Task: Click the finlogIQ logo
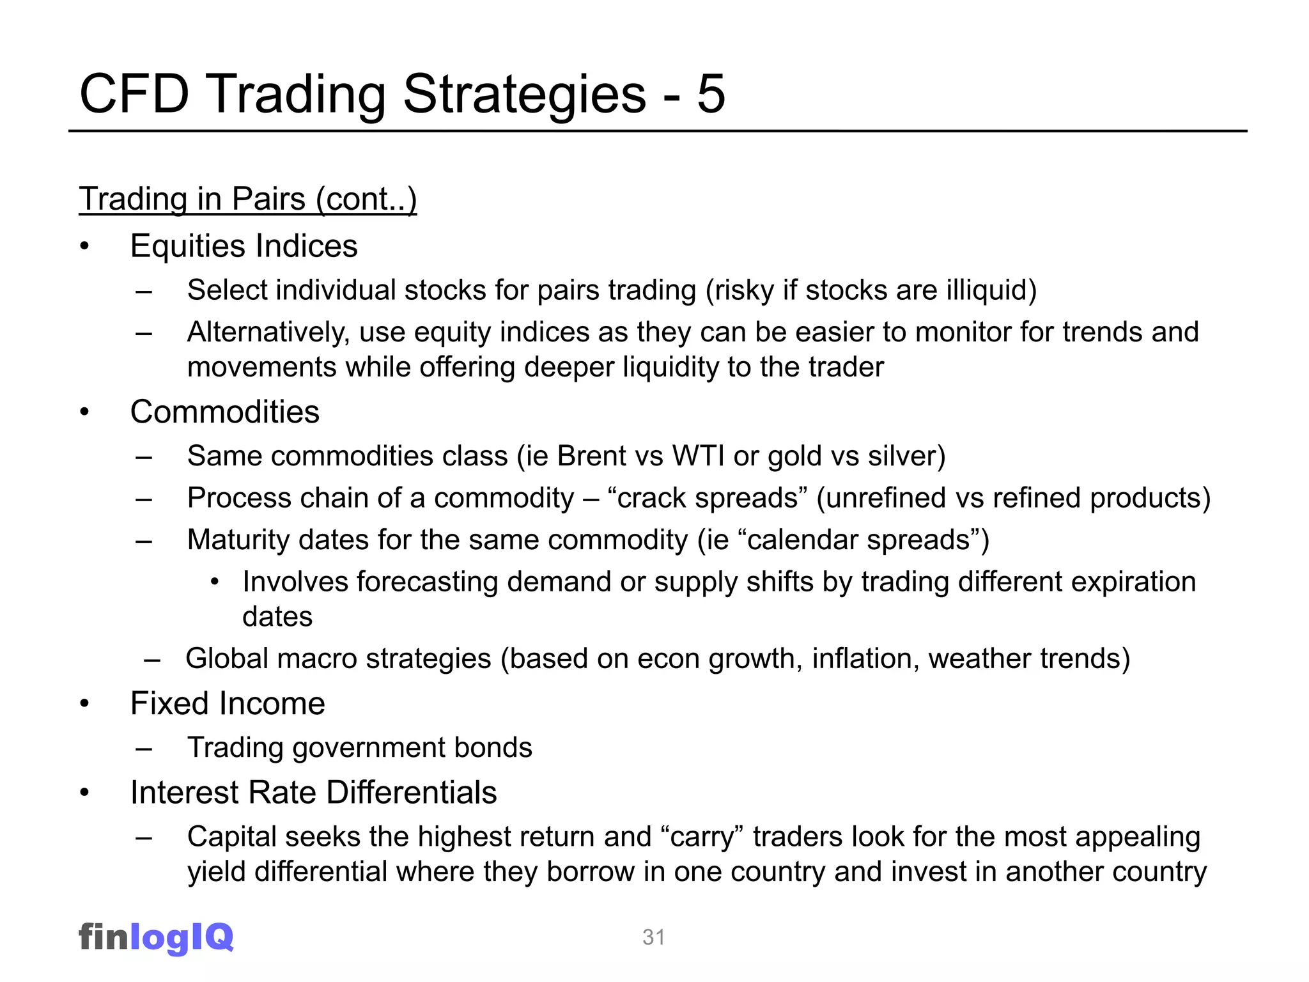pyautogui.click(x=156, y=937)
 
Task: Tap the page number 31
pyautogui.click(x=654, y=937)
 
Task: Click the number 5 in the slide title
pyautogui.click(x=711, y=94)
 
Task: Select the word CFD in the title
pyautogui.click(x=134, y=94)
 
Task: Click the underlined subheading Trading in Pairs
pyautogui.click(x=247, y=199)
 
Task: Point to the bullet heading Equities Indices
pyautogui.click(x=244, y=246)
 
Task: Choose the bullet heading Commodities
pyautogui.click(x=224, y=412)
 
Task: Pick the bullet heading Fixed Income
pyautogui.click(x=228, y=703)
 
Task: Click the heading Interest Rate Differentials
pyautogui.click(x=313, y=793)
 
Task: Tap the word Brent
pyautogui.click(x=592, y=456)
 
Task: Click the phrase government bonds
pyautogui.click(x=412, y=748)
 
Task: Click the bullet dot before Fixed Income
pyautogui.click(x=84, y=704)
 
